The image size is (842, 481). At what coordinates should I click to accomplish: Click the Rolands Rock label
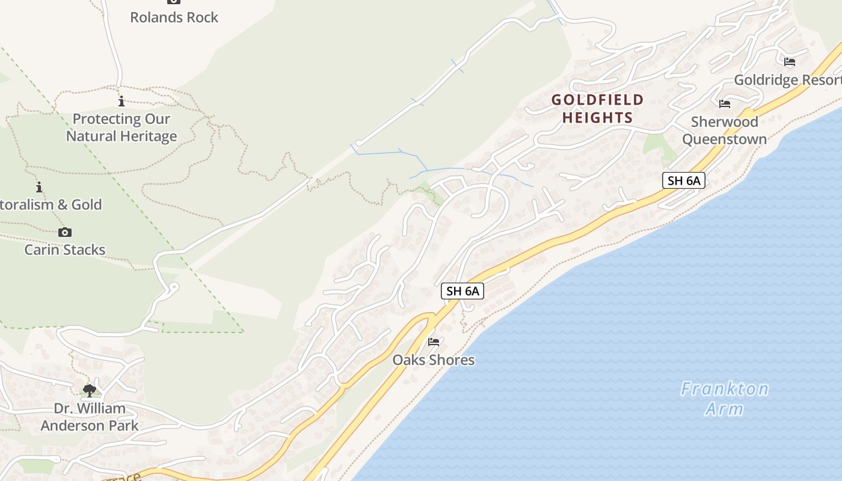tap(174, 17)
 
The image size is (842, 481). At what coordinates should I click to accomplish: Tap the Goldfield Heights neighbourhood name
tap(597, 108)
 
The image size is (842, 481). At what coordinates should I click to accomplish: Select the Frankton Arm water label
tap(724, 399)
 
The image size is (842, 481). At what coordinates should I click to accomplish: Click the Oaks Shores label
tap(433, 360)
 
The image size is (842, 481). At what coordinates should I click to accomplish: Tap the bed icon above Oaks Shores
tap(433, 342)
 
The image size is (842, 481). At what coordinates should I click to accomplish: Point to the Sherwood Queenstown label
tap(724, 130)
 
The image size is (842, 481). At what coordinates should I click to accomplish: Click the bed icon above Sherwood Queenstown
tap(724, 104)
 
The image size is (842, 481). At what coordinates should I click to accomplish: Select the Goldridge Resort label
tap(787, 80)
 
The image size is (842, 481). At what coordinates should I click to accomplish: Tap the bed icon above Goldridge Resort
tap(789, 61)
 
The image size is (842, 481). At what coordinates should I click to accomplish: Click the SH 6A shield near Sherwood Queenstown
tap(683, 180)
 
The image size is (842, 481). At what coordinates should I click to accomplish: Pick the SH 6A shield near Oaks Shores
tap(462, 291)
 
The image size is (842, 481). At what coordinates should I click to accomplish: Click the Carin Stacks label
tap(64, 250)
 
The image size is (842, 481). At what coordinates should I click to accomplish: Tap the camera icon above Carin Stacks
tap(64, 232)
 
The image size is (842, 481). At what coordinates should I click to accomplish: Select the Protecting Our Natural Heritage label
tap(121, 127)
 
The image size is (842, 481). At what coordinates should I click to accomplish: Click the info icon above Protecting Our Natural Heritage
tap(121, 101)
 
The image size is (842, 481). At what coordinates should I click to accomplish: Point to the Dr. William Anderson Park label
tap(90, 417)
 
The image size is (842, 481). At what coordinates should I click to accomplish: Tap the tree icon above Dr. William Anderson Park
tap(90, 391)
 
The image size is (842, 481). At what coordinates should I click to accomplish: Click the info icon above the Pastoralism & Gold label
tap(39, 187)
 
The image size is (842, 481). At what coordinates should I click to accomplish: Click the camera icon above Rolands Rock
tap(174, 2)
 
